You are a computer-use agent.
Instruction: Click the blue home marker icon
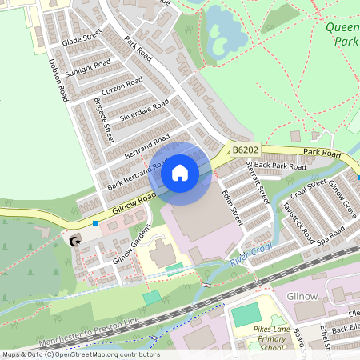180,172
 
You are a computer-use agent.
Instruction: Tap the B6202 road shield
246,150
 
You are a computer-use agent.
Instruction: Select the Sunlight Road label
89,70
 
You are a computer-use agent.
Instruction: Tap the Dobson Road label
57,79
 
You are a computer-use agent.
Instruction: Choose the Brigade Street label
104,120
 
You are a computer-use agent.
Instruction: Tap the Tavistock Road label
297,214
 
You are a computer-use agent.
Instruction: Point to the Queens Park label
343,33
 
